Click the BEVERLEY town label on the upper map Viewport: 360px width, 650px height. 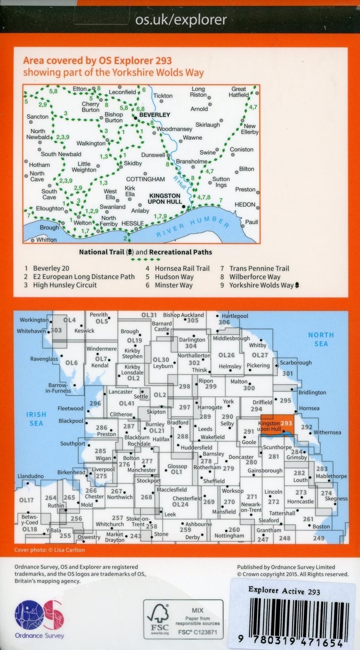click(154, 115)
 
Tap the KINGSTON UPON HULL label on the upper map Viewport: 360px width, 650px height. click(165, 199)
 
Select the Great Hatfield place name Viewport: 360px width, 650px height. click(239, 92)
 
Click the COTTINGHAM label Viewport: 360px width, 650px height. click(145, 179)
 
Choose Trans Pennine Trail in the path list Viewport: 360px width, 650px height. click(259, 269)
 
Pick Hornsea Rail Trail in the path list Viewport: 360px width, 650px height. click(182, 269)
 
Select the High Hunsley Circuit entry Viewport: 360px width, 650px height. click(65, 285)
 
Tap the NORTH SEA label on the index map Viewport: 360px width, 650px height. click(321, 339)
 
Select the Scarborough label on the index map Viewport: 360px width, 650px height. click(296, 362)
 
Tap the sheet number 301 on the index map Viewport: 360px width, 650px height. click(287, 373)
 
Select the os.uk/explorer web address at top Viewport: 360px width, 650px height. click(181, 19)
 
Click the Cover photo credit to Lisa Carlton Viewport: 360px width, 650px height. click(50, 550)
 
